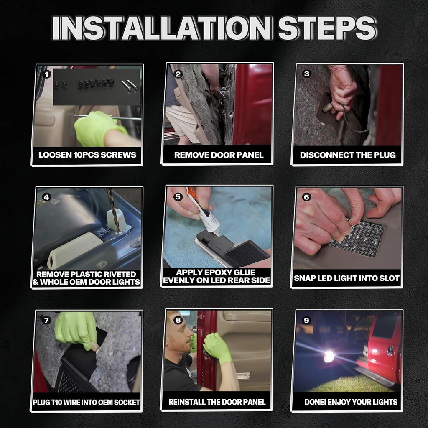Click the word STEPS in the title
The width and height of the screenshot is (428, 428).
pyautogui.click(x=326, y=28)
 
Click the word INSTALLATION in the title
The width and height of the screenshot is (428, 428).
pyautogui.click(x=162, y=28)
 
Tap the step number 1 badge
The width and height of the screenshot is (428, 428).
pyautogui.click(x=47, y=74)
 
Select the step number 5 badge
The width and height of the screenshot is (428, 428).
pyautogui.click(x=178, y=196)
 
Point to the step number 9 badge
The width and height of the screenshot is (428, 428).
pyautogui.click(x=307, y=320)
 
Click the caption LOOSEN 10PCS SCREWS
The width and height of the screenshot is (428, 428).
pyautogui.click(x=87, y=155)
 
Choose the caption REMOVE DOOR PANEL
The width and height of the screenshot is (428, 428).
pyautogui.click(x=219, y=155)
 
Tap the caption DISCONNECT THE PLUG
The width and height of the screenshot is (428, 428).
pyautogui.click(x=348, y=155)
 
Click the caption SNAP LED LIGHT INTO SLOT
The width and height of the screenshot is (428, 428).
pyautogui.click(x=346, y=278)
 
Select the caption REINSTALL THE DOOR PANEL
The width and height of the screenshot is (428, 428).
pyautogui.click(x=217, y=402)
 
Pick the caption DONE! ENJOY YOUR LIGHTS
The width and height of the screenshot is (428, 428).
pyautogui.click(x=351, y=402)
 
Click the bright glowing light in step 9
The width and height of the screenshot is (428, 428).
pyautogui.click(x=329, y=357)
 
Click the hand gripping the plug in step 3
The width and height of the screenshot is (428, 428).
pyautogui.click(x=342, y=92)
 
